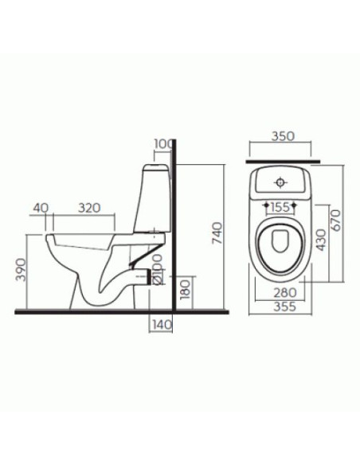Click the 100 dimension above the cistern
163,143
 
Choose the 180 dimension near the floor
184,289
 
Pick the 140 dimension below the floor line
162,324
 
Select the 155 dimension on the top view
280,206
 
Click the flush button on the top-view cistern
280,182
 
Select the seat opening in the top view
280,248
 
